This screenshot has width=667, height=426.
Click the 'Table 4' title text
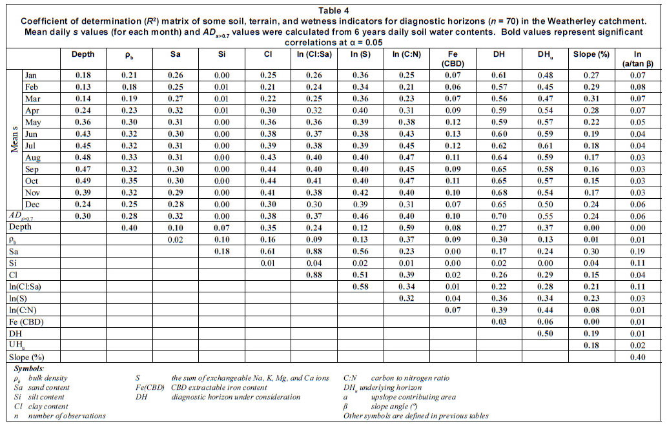[333, 10]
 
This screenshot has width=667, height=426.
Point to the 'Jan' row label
[32, 75]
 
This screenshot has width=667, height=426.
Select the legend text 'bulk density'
[50, 378]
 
